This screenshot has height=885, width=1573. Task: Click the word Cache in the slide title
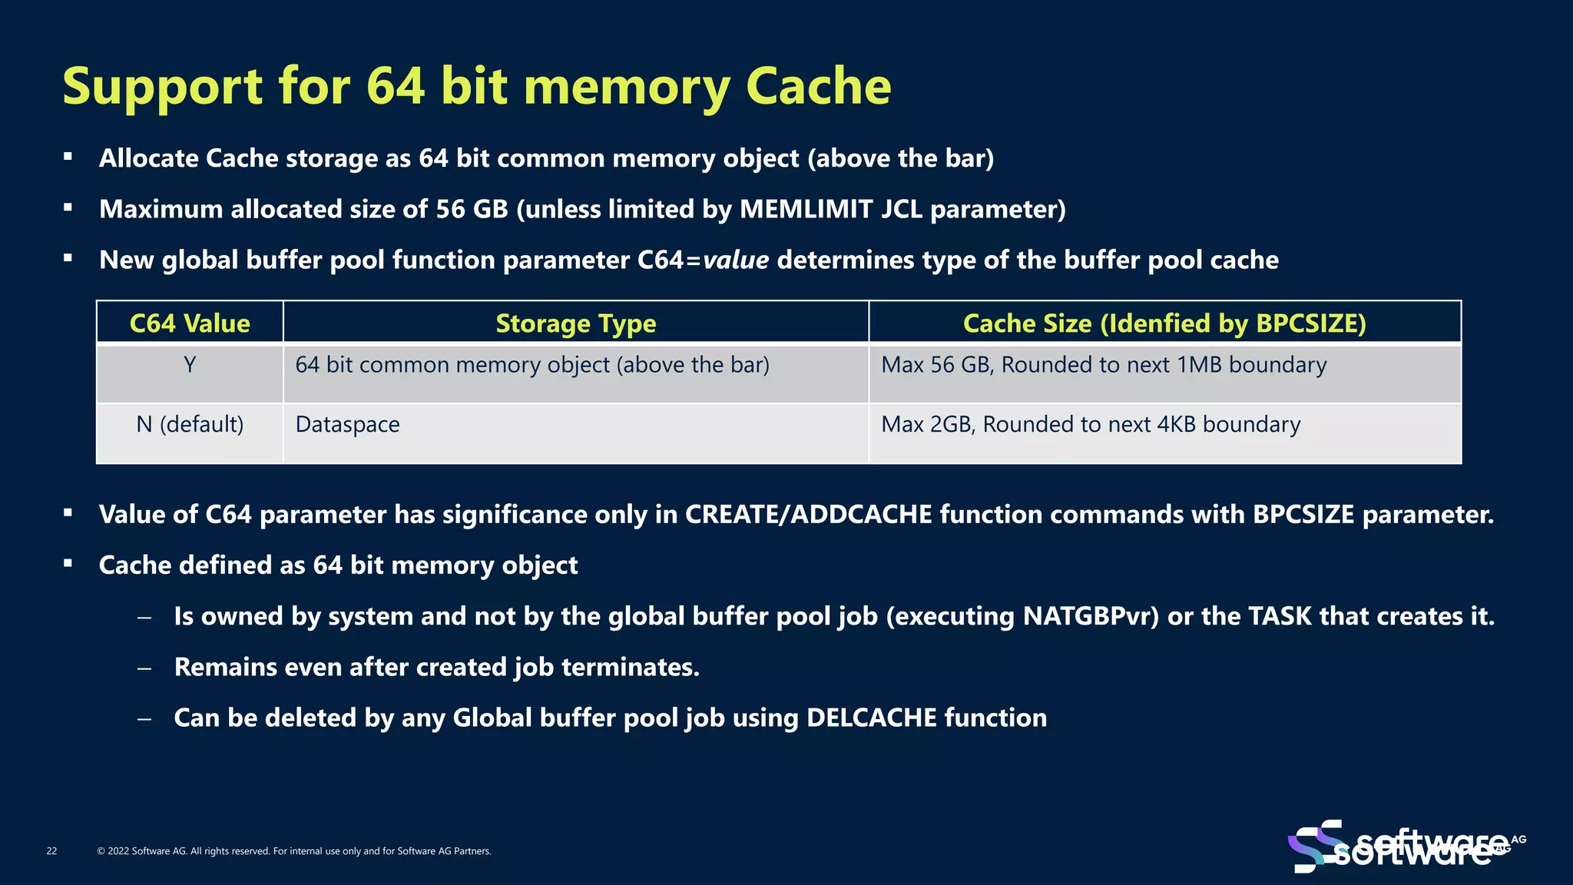click(818, 86)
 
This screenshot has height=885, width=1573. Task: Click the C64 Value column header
click(190, 323)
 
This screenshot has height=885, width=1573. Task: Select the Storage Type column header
click(575, 323)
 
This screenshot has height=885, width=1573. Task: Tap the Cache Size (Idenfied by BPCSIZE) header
click(1164, 323)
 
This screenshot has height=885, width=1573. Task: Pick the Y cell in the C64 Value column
click(190, 365)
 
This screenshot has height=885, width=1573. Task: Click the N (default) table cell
click(190, 424)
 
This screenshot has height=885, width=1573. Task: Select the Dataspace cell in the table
click(347, 425)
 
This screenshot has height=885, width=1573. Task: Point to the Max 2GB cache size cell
click(1090, 424)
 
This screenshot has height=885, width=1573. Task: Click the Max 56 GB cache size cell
click(1103, 365)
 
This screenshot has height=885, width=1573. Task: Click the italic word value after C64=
click(735, 260)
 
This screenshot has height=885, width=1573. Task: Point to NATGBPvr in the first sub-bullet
click(1090, 616)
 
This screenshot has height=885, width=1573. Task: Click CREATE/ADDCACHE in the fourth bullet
click(808, 514)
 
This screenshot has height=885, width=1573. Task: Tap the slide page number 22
click(51, 851)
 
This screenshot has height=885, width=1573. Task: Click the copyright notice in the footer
click(294, 851)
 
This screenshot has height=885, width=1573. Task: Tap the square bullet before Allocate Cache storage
click(68, 157)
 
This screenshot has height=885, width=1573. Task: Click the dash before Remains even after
click(144, 668)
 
